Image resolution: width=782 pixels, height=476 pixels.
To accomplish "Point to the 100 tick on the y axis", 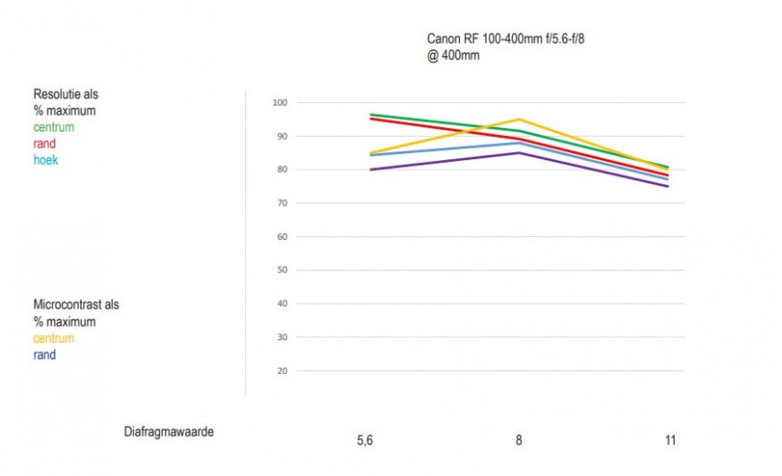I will (279, 103).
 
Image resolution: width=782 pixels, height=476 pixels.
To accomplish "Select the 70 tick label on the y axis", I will (281, 203).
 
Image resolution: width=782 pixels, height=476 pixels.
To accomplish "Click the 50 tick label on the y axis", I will (281, 270).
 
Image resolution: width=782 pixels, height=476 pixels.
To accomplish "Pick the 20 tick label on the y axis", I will (281, 370).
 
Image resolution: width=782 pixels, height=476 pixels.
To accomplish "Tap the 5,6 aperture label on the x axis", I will (365, 440).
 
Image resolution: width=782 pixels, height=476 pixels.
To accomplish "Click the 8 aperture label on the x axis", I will (518, 440).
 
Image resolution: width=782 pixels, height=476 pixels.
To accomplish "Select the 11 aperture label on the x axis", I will (670, 440).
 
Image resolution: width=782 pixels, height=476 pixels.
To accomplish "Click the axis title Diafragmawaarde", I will (168, 430).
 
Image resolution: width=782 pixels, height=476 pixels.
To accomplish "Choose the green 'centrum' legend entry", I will (54, 127).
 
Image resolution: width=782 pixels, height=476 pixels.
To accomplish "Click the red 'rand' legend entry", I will (45, 143).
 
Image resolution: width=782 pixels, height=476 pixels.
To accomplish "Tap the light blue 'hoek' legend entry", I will (46, 160).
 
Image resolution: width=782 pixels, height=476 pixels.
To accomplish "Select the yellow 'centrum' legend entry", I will (54, 338).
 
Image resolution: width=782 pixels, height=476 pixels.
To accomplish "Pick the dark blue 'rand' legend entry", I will (45, 354).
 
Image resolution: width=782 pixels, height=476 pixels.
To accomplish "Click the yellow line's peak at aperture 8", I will (518, 119).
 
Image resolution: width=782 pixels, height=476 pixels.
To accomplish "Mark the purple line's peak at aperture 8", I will (518, 153).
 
